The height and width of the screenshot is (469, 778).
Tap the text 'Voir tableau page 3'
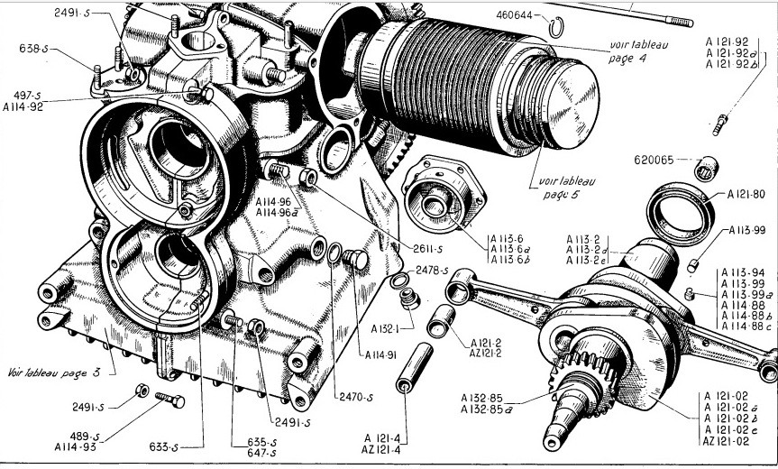pyautogui.click(x=62, y=371)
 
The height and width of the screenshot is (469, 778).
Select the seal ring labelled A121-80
pyautogui.click(x=683, y=211)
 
